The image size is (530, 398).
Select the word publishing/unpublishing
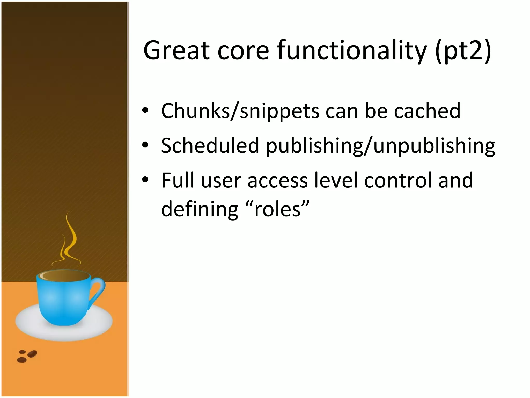(x=380, y=146)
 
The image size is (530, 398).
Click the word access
(x=277, y=181)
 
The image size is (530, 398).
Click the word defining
(x=200, y=209)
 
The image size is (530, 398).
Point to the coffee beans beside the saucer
(x=27, y=356)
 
